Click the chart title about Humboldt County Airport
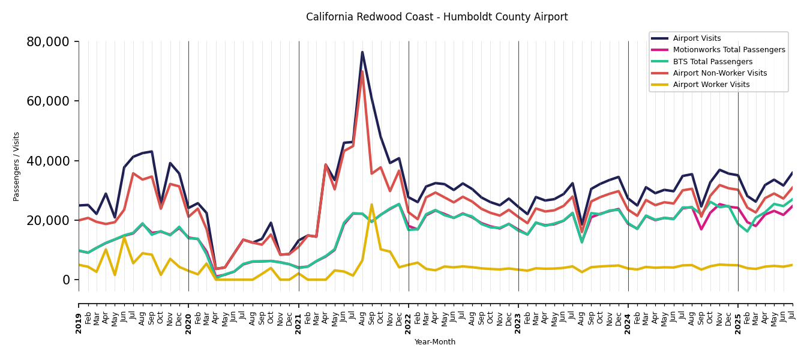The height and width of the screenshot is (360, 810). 437,17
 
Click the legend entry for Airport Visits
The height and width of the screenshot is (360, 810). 697,38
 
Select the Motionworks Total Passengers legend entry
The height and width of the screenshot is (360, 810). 728,50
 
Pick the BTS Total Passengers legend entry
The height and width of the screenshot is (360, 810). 712,62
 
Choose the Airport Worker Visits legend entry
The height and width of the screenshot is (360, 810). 711,85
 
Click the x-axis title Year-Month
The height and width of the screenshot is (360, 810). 435,342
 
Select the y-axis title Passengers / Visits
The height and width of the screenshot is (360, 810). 16,166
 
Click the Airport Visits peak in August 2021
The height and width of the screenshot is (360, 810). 362,52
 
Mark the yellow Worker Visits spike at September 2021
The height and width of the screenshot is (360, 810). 371,205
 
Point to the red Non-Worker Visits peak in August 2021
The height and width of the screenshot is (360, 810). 362,72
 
